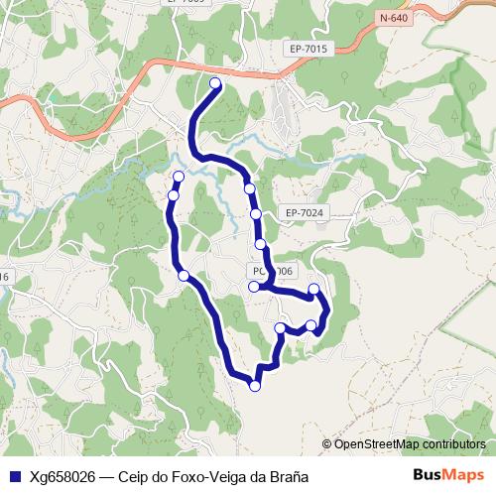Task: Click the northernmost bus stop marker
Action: [215, 83]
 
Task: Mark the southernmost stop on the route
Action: [255, 386]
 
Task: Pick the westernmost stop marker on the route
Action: [174, 195]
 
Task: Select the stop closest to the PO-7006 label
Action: [254, 287]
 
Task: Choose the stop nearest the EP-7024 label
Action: [256, 213]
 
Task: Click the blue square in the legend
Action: [14, 475]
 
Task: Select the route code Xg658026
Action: [62, 475]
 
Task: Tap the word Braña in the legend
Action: [288, 475]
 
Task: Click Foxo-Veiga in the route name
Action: [209, 475]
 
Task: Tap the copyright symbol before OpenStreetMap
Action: [327, 444]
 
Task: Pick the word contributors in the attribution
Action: [454, 444]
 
